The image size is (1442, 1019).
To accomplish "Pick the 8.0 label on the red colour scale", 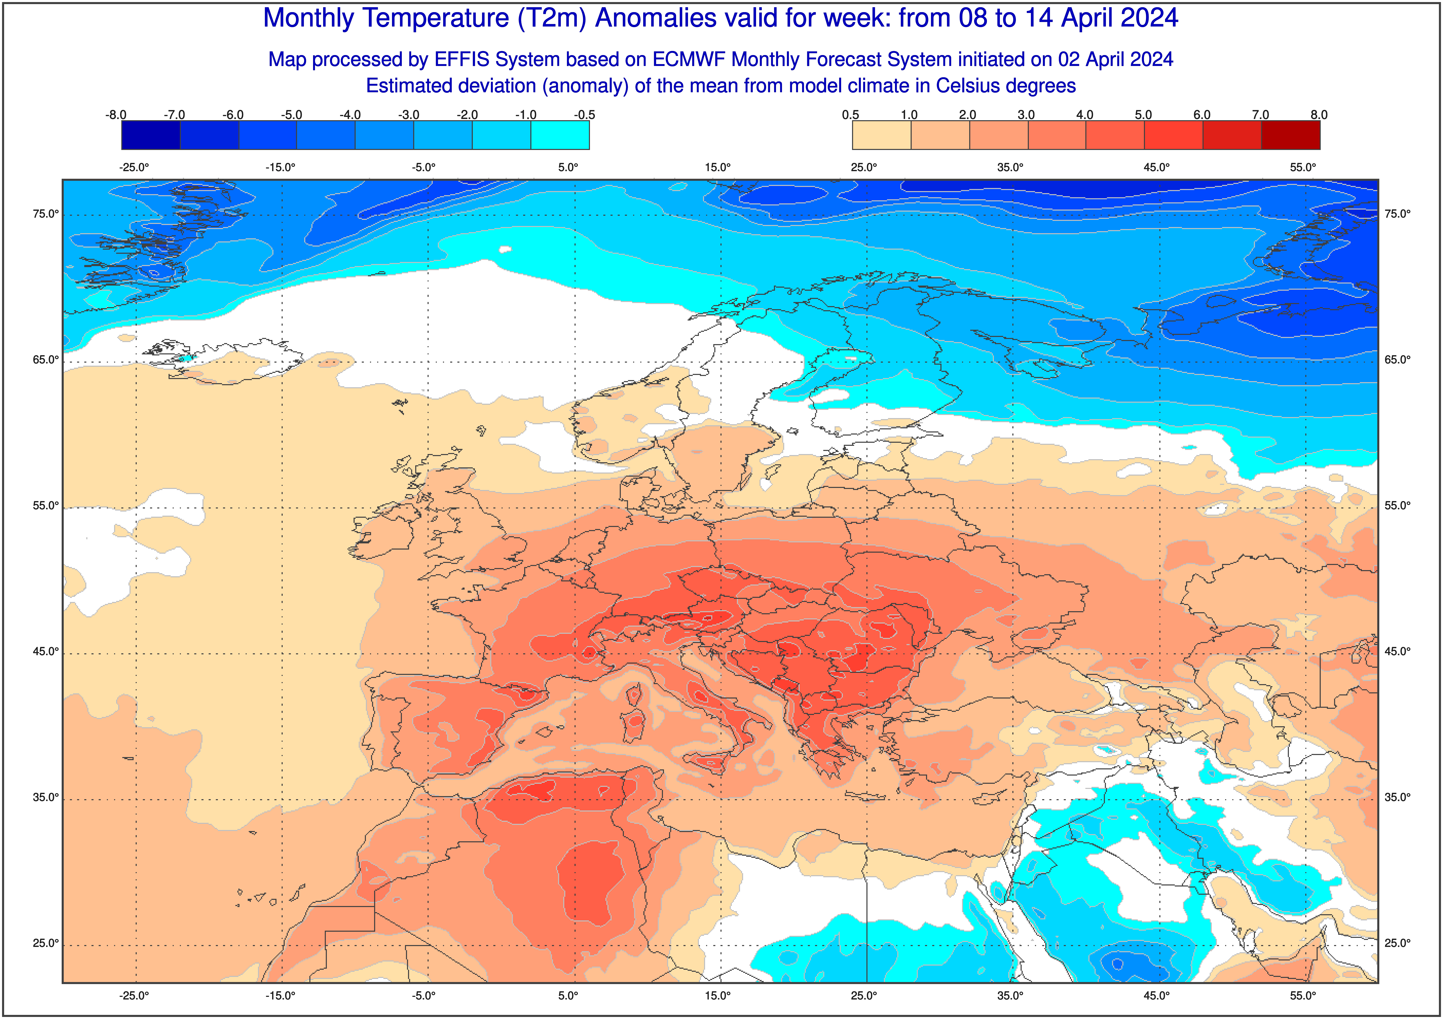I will (x=1319, y=115).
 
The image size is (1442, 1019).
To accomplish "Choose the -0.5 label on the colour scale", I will (x=584, y=115).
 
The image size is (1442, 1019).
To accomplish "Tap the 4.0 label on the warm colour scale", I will (x=1085, y=115).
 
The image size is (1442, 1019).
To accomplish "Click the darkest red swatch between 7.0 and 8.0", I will (x=1291, y=135).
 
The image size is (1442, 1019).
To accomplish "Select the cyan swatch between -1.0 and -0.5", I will (x=560, y=135).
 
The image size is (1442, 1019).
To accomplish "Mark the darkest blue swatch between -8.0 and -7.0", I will (x=151, y=135).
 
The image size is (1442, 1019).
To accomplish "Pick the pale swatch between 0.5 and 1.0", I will (x=881, y=135).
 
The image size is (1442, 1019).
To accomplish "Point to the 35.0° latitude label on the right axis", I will (x=1397, y=797).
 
